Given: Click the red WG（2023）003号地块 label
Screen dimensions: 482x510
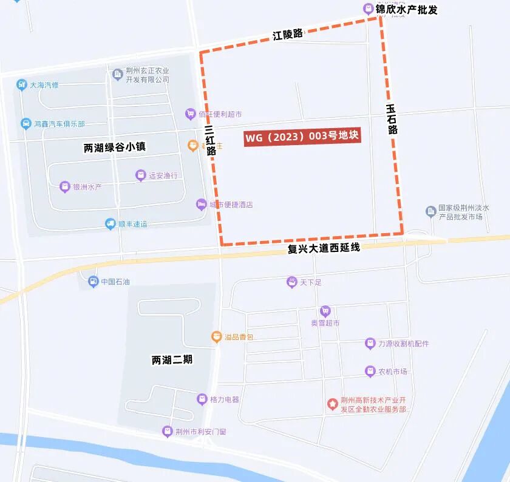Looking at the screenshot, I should (302, 137).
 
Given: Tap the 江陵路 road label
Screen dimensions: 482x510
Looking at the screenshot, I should (287, 34).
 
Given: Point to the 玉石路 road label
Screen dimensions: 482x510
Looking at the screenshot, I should (392, 118).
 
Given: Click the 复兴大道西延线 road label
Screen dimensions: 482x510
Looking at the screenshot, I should (324, 248).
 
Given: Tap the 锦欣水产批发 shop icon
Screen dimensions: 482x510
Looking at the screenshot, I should (368, 8).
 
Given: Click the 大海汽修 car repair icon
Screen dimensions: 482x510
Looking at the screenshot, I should (21, 85).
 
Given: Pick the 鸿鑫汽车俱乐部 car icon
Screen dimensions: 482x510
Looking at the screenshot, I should (25, 123).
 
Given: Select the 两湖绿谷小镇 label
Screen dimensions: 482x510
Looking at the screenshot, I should (115, 147).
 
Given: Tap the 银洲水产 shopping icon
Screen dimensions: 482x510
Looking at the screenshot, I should (64, 187).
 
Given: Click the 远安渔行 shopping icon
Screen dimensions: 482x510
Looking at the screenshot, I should (140, 175).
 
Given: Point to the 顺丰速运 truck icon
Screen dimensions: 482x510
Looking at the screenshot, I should (110, 224).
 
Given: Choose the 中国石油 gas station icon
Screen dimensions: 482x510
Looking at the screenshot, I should (92, 281).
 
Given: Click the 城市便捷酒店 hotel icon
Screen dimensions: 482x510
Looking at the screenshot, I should (201, 204).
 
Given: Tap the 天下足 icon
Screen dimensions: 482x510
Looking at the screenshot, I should (291, 282).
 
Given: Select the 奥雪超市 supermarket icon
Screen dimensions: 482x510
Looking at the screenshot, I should (325, 311).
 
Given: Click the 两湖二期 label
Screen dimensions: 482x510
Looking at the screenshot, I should (172, 359).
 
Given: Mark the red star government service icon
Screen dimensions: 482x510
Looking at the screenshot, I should (332, 404).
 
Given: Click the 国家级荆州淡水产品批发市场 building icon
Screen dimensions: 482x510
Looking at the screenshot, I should (430, 211).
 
